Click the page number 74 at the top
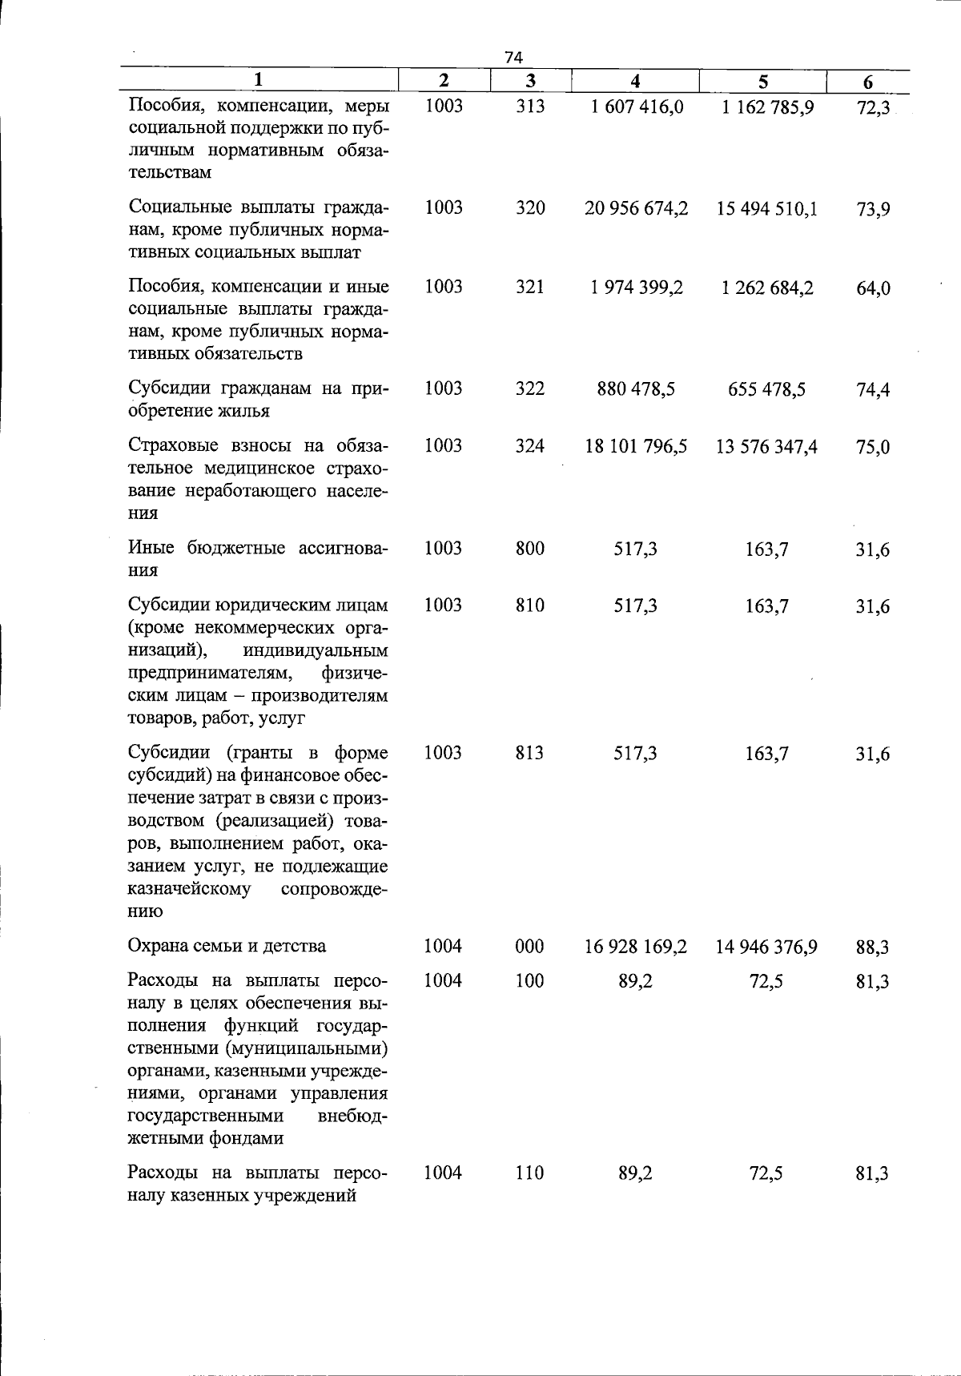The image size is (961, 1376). coord(513,57)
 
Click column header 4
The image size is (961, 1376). coord(635,81)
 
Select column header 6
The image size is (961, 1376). coord(868,82)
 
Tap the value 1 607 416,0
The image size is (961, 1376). coord(637,107)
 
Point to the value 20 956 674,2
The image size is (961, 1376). coord(636,209)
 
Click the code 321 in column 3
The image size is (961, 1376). coord(530,288)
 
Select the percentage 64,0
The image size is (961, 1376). coord(873,289)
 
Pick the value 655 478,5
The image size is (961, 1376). coord(766,390)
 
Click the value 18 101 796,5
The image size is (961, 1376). coord(636,447)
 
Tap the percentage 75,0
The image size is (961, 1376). coord(873,448)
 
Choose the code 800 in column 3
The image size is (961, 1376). coord(530,549)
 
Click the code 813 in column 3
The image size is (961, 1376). coord(530,753)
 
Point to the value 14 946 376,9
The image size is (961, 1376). coord(766,948)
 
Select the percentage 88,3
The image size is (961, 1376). coord(872,948)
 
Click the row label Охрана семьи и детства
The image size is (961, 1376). coord(227,946)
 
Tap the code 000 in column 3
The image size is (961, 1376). coord(530,947)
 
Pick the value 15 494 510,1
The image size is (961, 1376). coord(766,210)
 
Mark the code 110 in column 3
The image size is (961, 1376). coord(530,1173)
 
